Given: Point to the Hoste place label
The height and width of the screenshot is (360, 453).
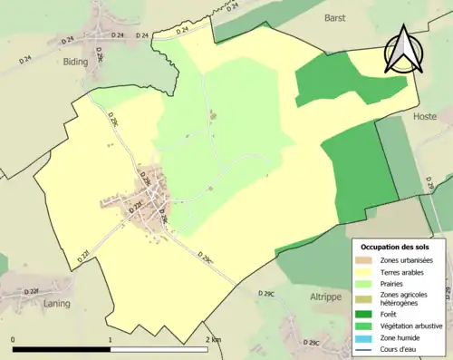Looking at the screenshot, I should tap(424, 117).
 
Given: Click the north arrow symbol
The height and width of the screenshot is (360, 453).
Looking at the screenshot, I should tap(403, 50).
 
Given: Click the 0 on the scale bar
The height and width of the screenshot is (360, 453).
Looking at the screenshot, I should tap(13, 339).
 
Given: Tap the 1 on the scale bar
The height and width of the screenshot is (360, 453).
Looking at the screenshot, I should tap(111, 339).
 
